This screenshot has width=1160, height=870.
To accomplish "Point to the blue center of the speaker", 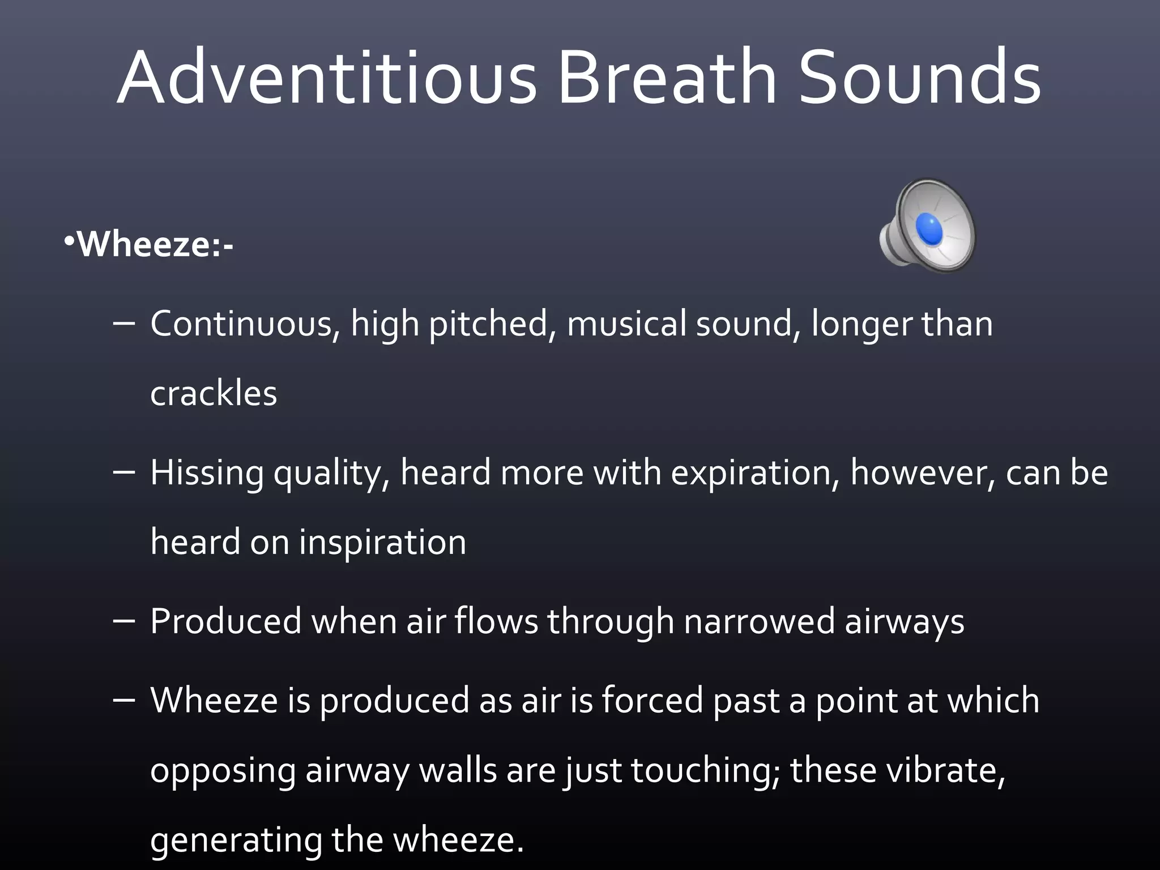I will point(929,229).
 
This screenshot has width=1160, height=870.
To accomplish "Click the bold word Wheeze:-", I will point(155,245).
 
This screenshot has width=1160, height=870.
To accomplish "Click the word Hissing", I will point(207,473).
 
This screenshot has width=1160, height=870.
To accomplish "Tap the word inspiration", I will point(382,542).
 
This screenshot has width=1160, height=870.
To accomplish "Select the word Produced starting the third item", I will point(225,621).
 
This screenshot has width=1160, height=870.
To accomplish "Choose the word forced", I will point(652,701).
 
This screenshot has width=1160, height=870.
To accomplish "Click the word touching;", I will point(705,771).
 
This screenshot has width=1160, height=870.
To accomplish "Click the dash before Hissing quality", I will point(124,472).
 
